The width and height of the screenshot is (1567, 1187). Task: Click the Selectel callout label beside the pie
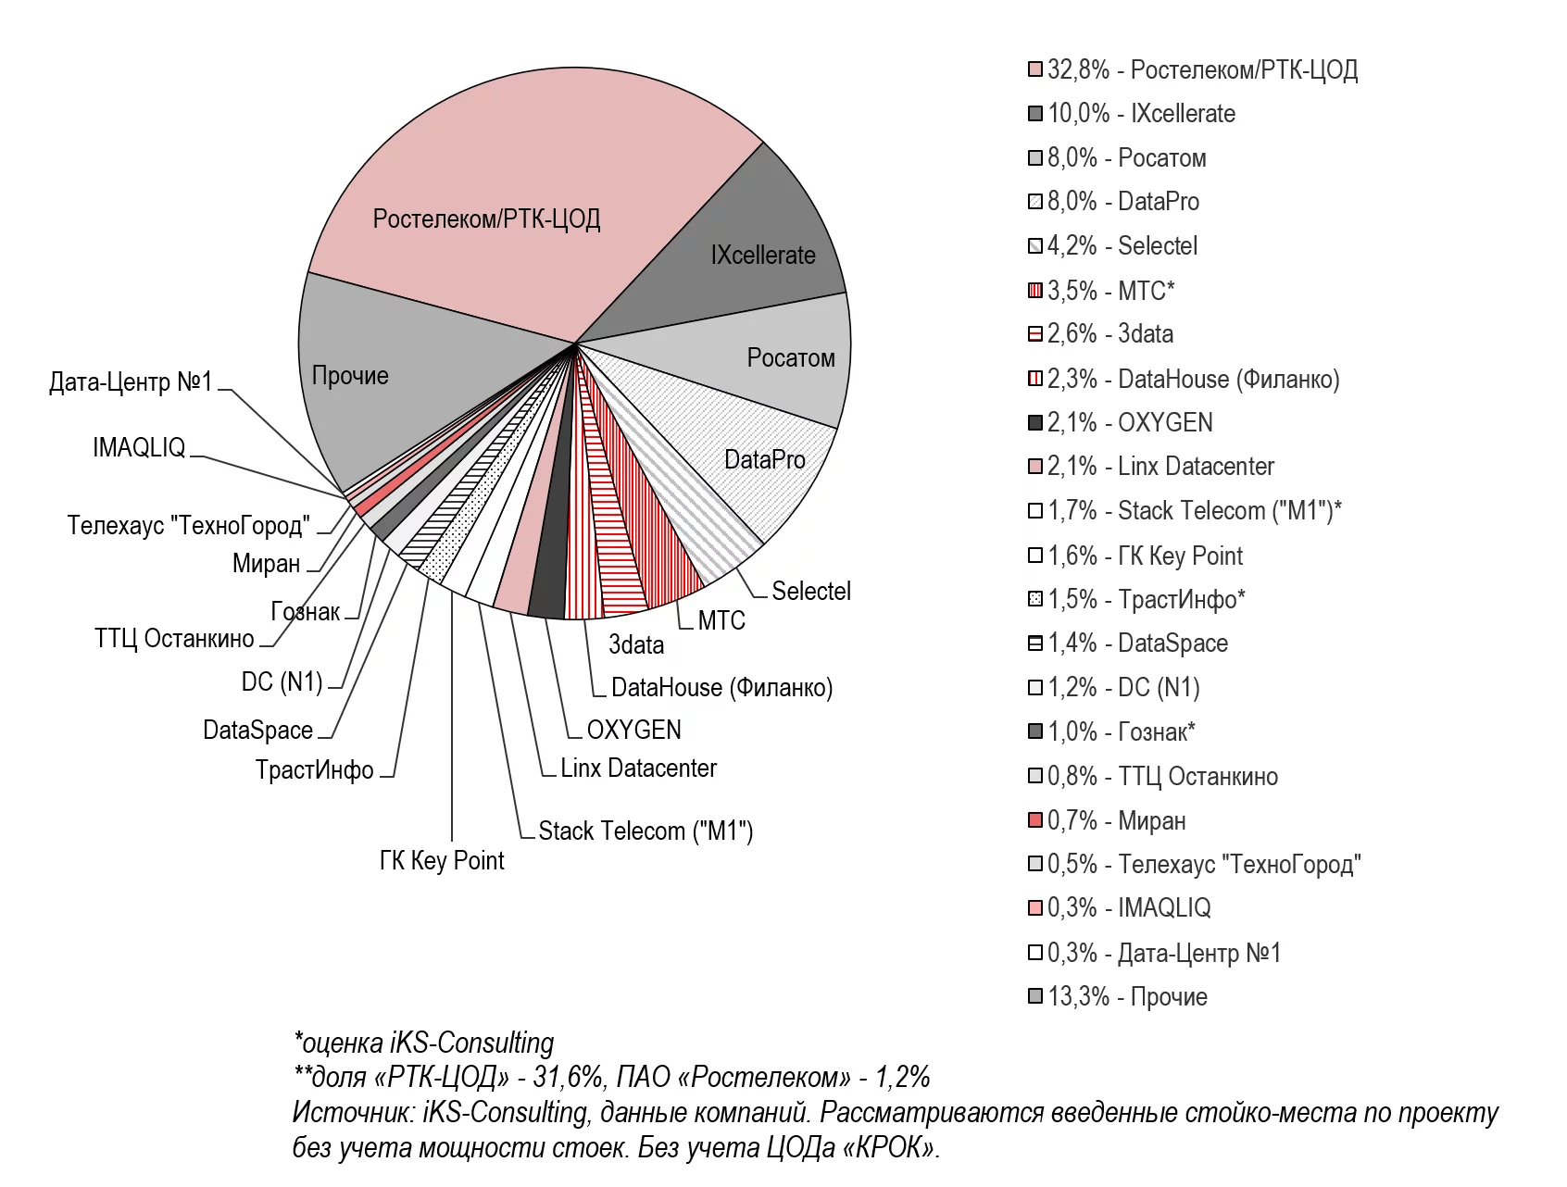tap(810, 591)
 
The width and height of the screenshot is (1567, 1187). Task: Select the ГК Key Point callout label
tap(442, 861)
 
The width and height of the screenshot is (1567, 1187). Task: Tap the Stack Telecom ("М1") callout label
tap(646, 831)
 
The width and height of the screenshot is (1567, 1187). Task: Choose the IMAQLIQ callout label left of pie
tap(139, 448)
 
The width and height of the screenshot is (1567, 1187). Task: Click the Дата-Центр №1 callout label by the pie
tap(131, 381)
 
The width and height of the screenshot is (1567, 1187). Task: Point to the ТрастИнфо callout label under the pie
tap(315, 770)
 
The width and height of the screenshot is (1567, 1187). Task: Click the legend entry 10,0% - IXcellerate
tap(1141, 114)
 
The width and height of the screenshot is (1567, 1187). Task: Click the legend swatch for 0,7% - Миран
tap(1035, 820)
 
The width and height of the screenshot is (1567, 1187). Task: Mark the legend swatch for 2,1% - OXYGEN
tap(1035, 423)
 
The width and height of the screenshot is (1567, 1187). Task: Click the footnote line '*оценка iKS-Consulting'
tap(423, 1043)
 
